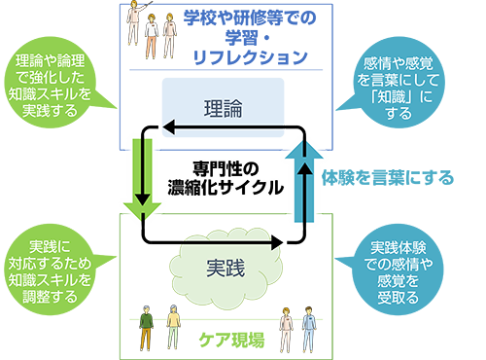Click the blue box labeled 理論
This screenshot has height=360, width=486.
click(223, 108)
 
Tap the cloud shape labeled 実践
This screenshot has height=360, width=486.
click(226, 268)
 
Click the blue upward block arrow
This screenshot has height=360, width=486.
click(304, 182)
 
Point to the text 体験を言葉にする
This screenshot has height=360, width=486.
click(388, 177)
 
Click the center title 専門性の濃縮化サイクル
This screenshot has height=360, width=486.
click(226, 178)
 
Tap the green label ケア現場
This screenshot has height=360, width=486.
click(231, 340)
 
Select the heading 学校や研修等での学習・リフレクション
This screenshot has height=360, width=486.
click(250, 37)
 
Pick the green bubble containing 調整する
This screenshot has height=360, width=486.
click(52, 270)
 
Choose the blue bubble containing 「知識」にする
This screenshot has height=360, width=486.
click(398, 85)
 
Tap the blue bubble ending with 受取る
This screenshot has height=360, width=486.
click(398, 270)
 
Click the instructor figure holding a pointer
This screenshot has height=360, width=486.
click(135, 22)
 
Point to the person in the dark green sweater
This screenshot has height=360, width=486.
click(147, 328)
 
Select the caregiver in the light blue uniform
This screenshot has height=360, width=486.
click(309, 330)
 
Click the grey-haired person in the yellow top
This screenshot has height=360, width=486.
click(173, 327)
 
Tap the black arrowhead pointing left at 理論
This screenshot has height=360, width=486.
click(168, 127)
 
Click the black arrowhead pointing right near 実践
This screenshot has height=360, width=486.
click(277, 242)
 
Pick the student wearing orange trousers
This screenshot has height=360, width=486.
click(151, 36)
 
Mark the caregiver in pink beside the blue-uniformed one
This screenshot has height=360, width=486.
click(287, 330)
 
